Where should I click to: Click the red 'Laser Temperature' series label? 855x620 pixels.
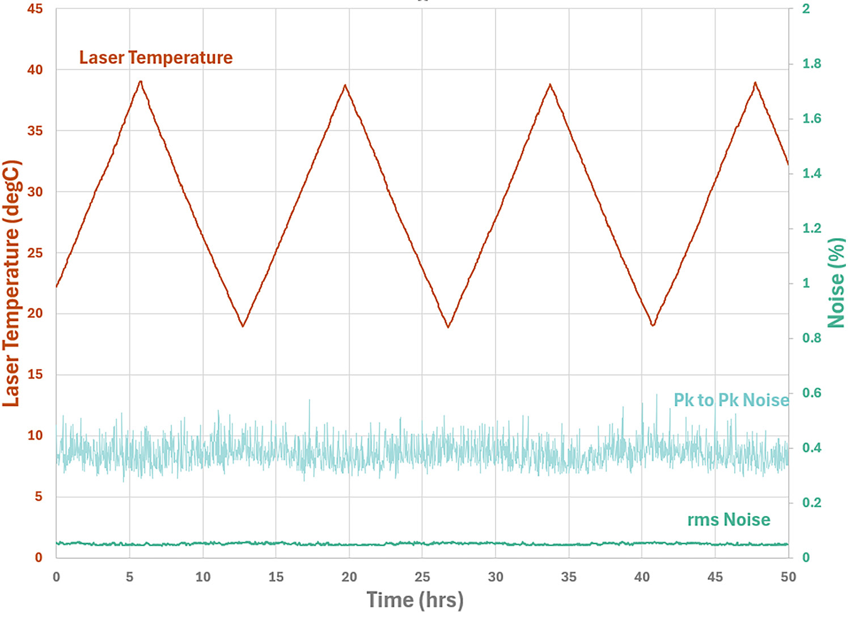156,58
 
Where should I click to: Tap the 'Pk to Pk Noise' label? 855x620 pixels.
731,400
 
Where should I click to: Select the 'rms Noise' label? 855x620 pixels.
729,520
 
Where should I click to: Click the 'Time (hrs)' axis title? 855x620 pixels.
415,600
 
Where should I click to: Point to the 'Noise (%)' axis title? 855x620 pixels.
836,283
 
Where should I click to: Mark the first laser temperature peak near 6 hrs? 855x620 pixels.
141,82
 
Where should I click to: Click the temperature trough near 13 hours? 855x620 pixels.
243,326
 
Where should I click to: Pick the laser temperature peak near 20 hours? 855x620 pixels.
345,86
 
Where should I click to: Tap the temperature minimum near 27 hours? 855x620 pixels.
448,327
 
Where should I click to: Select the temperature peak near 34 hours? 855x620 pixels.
550,85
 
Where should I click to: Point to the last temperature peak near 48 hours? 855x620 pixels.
755,83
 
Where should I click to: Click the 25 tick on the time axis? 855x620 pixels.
422,577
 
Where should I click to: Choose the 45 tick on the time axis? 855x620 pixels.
715,577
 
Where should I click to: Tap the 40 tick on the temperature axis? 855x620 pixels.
35,70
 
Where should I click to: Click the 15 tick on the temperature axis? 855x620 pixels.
35,375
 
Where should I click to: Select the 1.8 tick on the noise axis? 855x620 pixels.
811,63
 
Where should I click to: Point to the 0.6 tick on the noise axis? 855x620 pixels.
811,393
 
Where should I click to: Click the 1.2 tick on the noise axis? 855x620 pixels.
811,228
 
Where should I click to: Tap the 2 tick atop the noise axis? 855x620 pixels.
806,9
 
